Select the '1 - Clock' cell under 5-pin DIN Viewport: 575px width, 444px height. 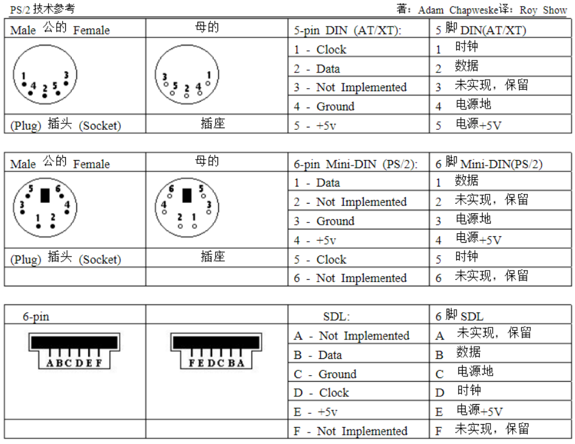click(320, 50)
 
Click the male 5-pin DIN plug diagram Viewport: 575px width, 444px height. click(45, 76)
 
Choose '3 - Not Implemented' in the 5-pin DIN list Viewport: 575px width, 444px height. click(350, 88)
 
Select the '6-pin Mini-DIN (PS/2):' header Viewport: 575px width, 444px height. click(356, 164)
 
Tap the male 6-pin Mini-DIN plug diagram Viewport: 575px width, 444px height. click(45, 210)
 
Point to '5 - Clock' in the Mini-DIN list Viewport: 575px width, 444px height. click(320, 260)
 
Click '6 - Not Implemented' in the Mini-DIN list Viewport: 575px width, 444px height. click(350, 278)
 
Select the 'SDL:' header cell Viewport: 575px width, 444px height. click(336, 317)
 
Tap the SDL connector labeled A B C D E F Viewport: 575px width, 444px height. click(74, 350)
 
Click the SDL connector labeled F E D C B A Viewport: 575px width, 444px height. click(216, 350)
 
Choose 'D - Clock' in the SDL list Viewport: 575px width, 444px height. click(321, 393)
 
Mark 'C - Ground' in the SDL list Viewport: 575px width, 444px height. click(325, 375)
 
